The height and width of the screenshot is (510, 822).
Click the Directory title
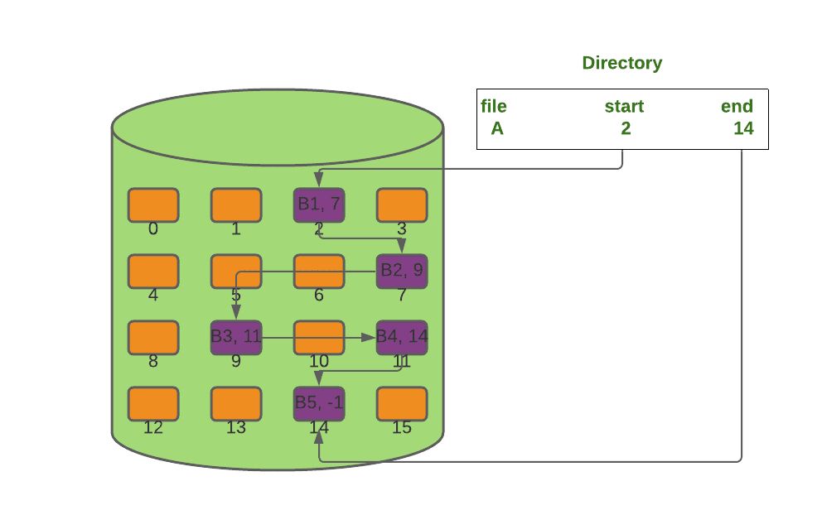[621, 64]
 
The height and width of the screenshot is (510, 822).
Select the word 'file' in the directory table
[494, 106]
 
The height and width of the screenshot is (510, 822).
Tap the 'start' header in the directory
[624, 106]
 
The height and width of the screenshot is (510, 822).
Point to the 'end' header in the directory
[737, 106]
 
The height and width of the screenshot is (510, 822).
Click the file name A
[497, 128]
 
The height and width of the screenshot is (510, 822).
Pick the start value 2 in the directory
[626, 128]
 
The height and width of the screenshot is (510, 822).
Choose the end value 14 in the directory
[743, 128]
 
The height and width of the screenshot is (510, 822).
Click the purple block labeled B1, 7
[319, 204]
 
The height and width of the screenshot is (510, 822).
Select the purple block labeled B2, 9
[402, 272]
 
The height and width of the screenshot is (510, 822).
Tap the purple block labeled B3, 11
[236, 338]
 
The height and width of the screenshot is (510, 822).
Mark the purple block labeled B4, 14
[402, 338]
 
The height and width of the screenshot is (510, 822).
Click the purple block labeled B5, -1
[319, 404]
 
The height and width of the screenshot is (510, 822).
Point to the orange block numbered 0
[153, 204]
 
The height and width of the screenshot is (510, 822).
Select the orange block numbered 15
[402, 404]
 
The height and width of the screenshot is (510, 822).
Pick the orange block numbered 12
[153, 404]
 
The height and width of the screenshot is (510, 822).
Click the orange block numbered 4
[153, 272]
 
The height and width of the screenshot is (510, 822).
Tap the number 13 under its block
[236, 428]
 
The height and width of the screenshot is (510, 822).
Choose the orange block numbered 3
[402, 204]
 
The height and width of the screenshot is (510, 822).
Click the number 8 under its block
[153, 361]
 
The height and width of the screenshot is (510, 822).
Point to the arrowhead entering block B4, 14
[369, 338]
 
